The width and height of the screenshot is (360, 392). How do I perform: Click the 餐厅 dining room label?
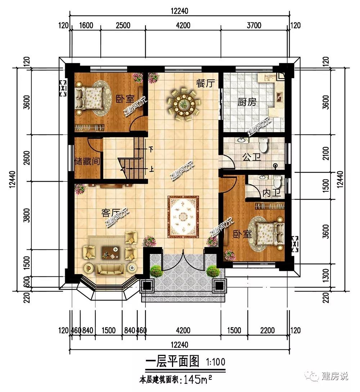coord(205,83)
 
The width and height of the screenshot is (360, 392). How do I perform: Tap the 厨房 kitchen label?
coord(247,102)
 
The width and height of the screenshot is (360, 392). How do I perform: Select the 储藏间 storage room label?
coord(87,161)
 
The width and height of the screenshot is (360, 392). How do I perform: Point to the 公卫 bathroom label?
coord(251,157)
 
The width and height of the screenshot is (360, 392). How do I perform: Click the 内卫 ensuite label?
coord(271,193)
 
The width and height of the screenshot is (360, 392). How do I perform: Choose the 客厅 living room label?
coord(111,213)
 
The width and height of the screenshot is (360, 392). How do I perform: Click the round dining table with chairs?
coord(184,103)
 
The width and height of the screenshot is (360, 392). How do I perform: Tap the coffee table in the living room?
coord(111,253)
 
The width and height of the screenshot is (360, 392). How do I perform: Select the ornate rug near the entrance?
coord(183,217)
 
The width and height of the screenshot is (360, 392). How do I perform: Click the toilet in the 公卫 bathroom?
coord(264,145)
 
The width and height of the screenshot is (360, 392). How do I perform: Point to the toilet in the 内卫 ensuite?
coord(277,182)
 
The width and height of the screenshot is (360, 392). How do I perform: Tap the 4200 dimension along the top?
coord(183,26)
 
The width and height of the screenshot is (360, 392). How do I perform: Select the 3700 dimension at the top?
coord(254,26)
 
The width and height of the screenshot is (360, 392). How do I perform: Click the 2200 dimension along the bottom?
coord(267,330)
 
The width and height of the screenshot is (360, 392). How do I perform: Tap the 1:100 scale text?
coord(215,362)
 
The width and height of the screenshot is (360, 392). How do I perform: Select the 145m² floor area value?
coord(198,380)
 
